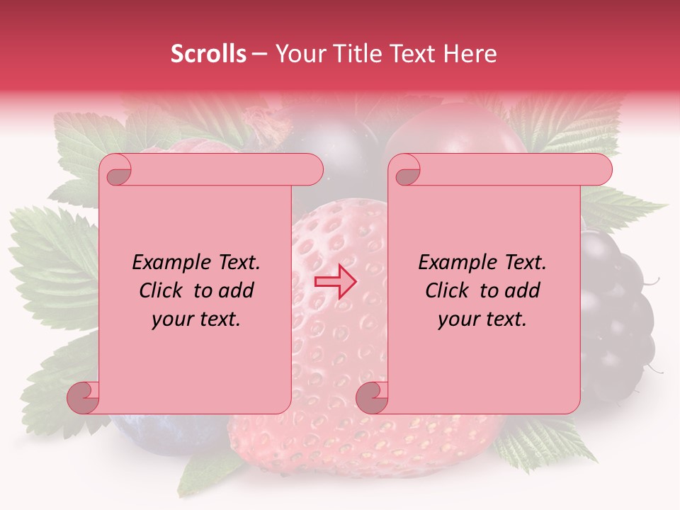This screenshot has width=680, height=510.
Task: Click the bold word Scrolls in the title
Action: tap(208, 55)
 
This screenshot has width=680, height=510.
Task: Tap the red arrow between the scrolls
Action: tap(334, 280)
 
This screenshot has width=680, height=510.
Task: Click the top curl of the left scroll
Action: tap(115, 171)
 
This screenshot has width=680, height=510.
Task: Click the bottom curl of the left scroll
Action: tap(84, 397)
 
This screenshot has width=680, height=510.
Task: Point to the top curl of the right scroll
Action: tap(404, 171)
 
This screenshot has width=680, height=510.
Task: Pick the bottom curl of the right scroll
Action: tap(372, 397)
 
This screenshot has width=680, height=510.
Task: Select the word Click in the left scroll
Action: tap(161, 290)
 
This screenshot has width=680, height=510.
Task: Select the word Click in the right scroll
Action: tap(447, 290)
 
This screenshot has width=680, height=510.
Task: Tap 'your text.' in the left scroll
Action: tap(196, 319)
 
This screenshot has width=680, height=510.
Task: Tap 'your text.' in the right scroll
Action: tap(482, 319)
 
